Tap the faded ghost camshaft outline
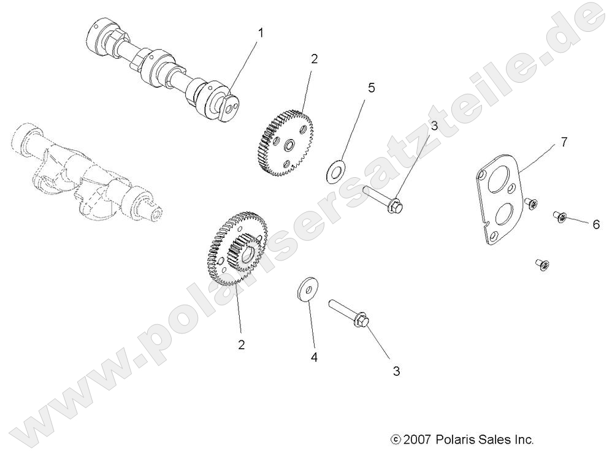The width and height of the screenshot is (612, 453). [x=86, y=172]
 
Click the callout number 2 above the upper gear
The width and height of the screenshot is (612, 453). [x=315, y=59]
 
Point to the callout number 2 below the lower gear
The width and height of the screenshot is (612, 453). [x=242, y=345]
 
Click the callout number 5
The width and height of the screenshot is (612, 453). [x=371, y=88]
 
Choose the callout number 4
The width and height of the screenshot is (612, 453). [x=314, y=357]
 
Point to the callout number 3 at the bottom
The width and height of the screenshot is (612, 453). [x=396, y=371]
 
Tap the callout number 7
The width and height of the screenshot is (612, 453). [x=564, y=142]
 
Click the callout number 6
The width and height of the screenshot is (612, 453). [x=595, y=224]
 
